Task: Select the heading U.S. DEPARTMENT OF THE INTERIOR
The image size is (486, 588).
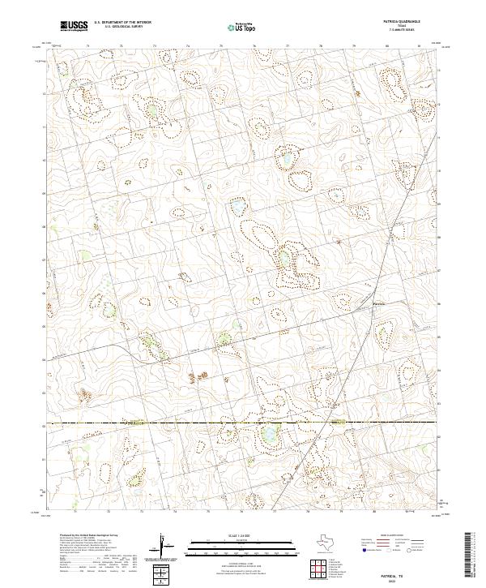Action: click(122, 24)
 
